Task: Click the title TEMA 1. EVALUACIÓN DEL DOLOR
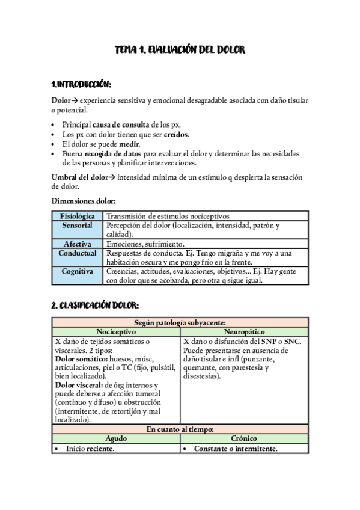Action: pos(180,50)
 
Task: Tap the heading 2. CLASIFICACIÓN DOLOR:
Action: pos(96,306)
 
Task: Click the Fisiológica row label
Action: pos(78,216)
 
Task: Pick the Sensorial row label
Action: pos(78,225)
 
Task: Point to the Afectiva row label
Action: pos(78,244)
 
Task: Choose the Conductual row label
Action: pos(78,253)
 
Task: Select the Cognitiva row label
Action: pos(78,271)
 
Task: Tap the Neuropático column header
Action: pos(244,332)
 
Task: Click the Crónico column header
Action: pos(244,439)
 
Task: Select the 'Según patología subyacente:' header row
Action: pos(180,323)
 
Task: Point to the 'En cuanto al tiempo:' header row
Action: pos(180,429)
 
